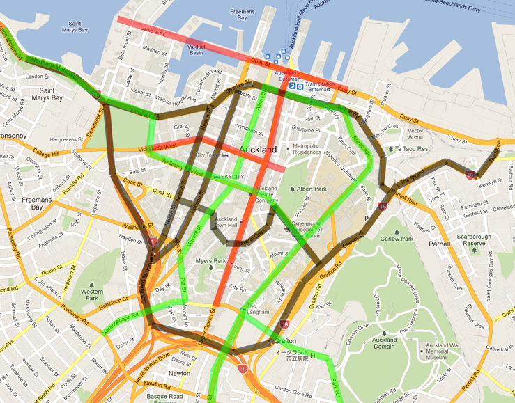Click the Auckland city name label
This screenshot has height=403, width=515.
(x=259, y=150)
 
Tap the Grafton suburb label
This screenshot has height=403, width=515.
(x=286, y=341)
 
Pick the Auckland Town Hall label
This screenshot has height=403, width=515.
(x=225, y=222)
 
